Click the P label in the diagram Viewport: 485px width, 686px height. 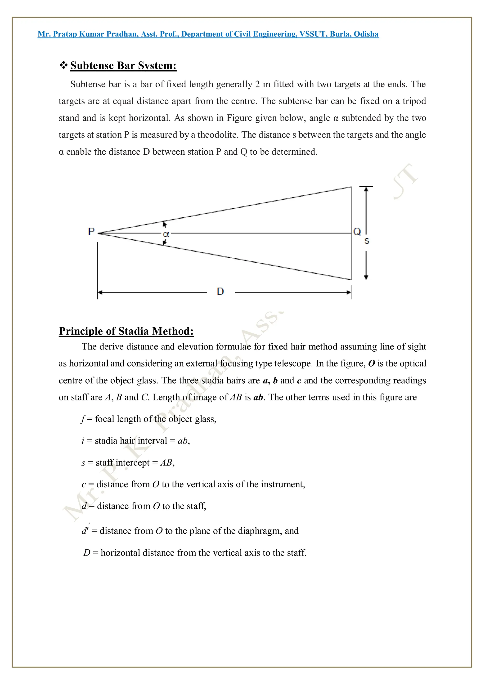(x=91, y=232)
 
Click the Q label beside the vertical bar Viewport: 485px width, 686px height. (x=357, y=232)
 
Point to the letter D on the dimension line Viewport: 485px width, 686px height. (x=220, y=291)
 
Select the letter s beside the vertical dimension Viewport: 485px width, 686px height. (x=367, y=241)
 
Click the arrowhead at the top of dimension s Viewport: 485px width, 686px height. (x=366, y=189)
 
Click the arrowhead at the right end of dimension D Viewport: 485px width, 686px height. (x=348, y=292)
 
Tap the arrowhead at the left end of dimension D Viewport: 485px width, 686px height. (x=100, y=292)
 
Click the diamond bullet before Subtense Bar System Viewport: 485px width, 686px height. (x=63, y=65)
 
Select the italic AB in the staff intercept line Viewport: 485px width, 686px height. (x=166, y=462)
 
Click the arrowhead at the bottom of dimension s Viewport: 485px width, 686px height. (x=366, y=277)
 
